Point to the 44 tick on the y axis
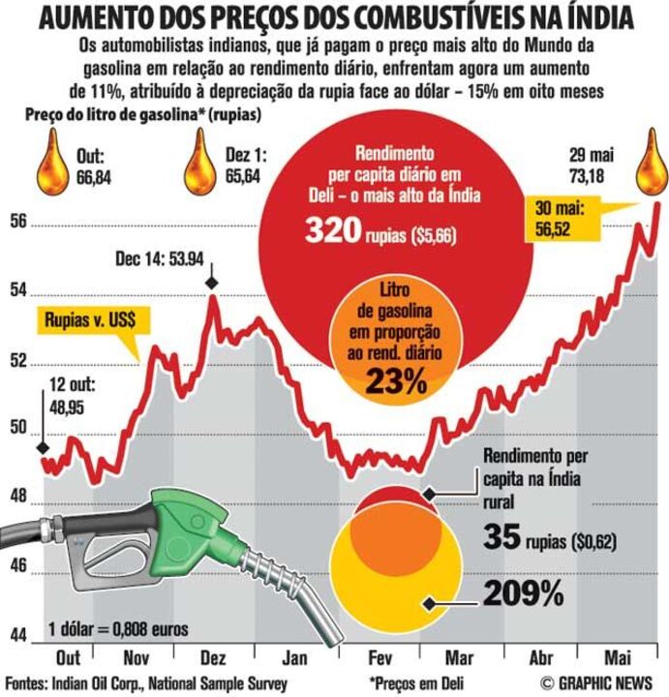[17, 636]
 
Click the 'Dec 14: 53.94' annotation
[160, 259]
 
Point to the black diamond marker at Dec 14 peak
[212, 282]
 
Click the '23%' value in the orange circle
[396, 381]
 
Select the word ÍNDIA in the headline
[598, 18]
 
